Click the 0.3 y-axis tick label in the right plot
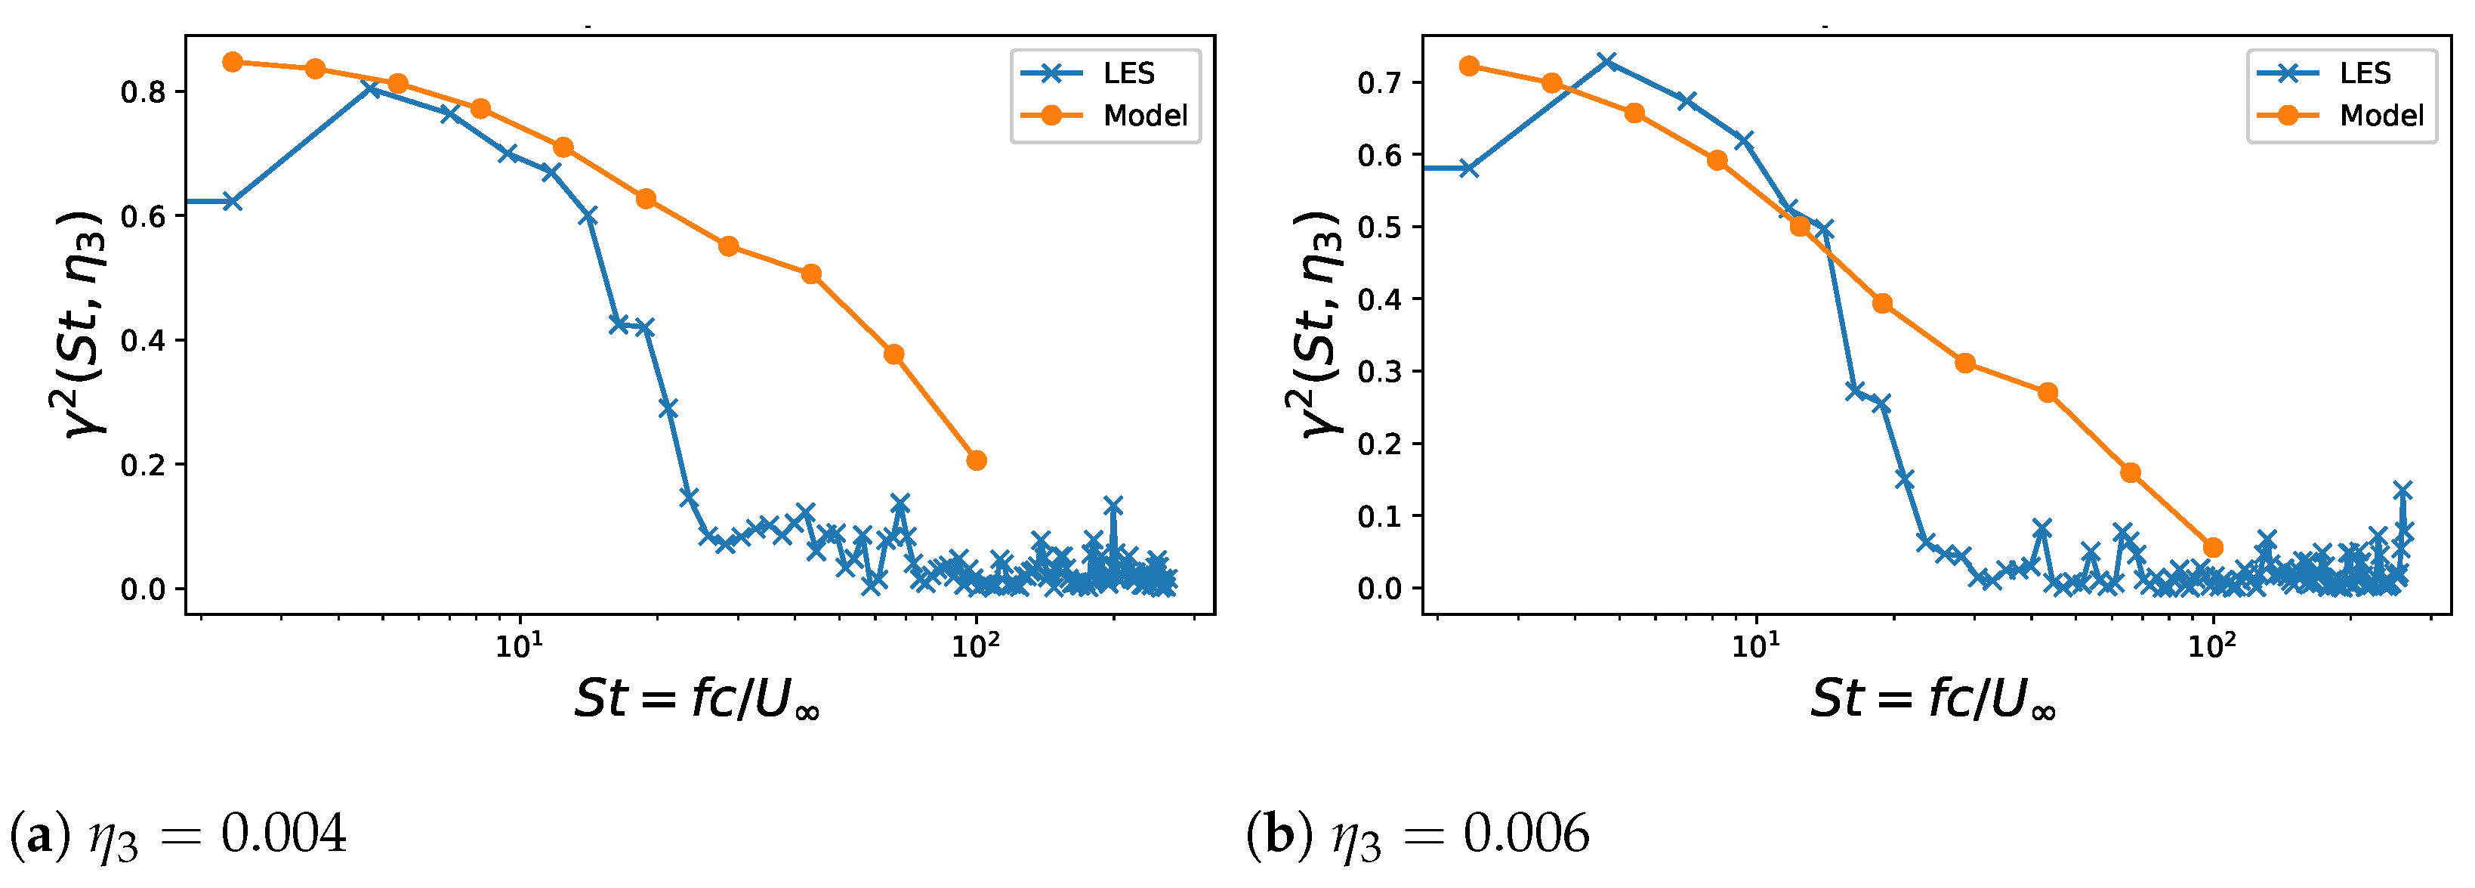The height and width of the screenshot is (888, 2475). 1380,372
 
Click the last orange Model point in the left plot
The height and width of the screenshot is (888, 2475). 976,460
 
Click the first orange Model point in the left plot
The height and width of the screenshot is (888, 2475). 233,63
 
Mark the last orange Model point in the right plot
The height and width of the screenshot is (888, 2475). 2213,548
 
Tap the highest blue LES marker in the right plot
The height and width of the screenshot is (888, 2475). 1606,63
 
